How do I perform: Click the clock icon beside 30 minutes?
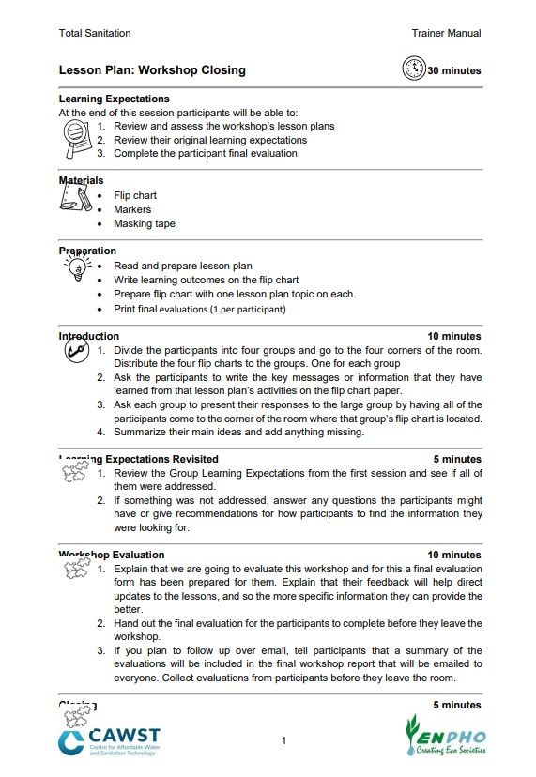point(413,69)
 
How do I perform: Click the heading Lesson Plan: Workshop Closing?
point(152,69)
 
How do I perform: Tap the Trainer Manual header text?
point(446,33)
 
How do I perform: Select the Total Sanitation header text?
point(95,33)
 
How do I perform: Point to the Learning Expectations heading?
point(114,99)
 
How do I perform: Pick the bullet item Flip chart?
point(135,195)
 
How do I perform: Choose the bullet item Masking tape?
point(144,223)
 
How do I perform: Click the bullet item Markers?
point(132,209)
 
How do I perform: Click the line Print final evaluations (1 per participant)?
point(200,308)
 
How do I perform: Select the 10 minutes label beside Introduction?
point(454,336)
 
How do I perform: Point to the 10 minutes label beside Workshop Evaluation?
point(454,555)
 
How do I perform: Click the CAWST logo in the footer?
point(109,741)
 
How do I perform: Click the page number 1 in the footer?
point(283,741)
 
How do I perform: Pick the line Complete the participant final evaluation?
point(205,153)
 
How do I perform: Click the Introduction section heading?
point(89,336)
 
